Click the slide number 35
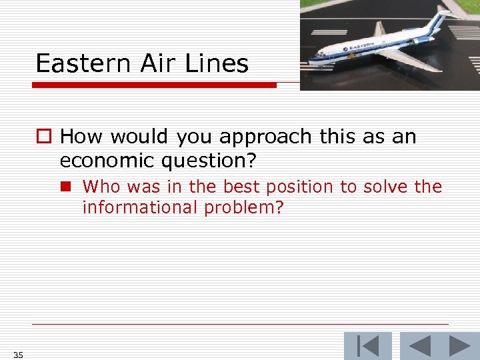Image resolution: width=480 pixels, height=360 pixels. tap(18, 355)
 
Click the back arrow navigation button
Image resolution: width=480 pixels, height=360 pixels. tap(419, 346)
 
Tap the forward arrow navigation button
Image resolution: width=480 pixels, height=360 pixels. tap(459, 346)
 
